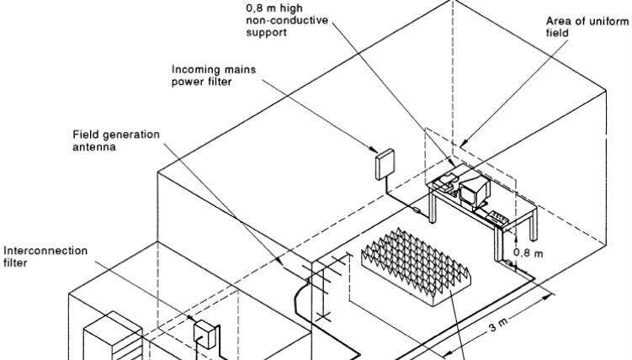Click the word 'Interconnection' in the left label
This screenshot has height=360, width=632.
(38, 250)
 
